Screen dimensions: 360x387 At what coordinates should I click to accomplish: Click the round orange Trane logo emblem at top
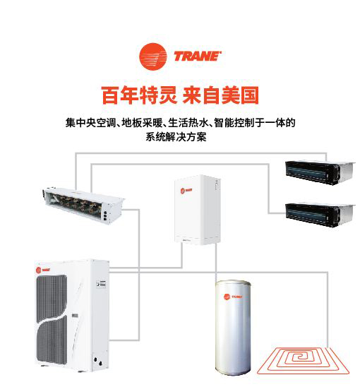(152, 56)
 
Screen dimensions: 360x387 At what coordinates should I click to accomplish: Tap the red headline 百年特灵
(139, 95)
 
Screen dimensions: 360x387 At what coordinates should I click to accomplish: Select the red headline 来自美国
(221, 95)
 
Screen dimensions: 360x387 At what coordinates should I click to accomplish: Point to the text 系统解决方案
(176, 137)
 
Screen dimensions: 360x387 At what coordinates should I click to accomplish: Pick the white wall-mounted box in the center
(197, 210)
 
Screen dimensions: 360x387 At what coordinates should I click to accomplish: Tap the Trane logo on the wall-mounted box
(186, 191)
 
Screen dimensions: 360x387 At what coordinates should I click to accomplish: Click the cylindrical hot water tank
(233, 331)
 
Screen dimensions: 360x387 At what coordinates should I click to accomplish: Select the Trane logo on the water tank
(233, 297)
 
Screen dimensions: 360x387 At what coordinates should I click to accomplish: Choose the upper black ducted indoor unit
(320, 172)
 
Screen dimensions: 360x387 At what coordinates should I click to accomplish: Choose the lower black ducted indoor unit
(320, 215)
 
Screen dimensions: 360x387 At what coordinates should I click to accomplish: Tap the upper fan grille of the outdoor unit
(52, 297)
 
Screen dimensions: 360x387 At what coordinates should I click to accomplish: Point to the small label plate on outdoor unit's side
(101, 284)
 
